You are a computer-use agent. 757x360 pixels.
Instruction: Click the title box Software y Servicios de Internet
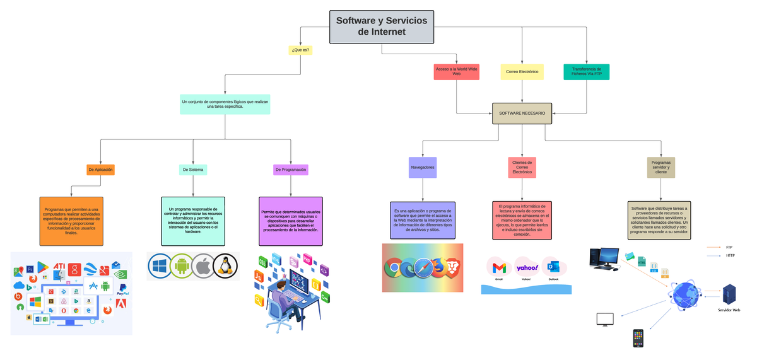tap(381, 26)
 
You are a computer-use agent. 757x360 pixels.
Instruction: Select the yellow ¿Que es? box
tap(301, 49)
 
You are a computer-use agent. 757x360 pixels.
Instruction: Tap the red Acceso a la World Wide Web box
tap(456, 72)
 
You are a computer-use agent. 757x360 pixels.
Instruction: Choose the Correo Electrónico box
tap(522, 72)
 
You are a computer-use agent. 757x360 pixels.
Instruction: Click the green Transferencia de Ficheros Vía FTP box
tap(586, 72)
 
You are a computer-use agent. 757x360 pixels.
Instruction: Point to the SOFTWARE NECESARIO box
tap(522, 113)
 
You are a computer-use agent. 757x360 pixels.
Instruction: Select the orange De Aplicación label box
tap(101, 170)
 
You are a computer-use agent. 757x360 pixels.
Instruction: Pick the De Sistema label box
tap(193, 170)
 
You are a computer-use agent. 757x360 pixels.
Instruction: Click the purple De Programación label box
tap(291, 170)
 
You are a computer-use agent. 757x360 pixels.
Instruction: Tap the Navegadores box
tap(423, 168)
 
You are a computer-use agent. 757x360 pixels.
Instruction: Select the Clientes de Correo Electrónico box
tap(522, 167)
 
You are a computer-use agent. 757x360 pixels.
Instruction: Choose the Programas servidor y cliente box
tap(660, 167)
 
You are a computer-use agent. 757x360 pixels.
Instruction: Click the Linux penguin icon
tap(225, 266)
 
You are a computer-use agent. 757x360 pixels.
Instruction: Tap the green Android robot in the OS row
tap(181, 266)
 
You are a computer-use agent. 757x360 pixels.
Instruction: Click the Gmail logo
tap(498, 267)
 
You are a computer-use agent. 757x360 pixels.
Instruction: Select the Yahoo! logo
tap(526, 267)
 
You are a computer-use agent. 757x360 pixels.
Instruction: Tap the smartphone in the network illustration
tap(639, 338)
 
